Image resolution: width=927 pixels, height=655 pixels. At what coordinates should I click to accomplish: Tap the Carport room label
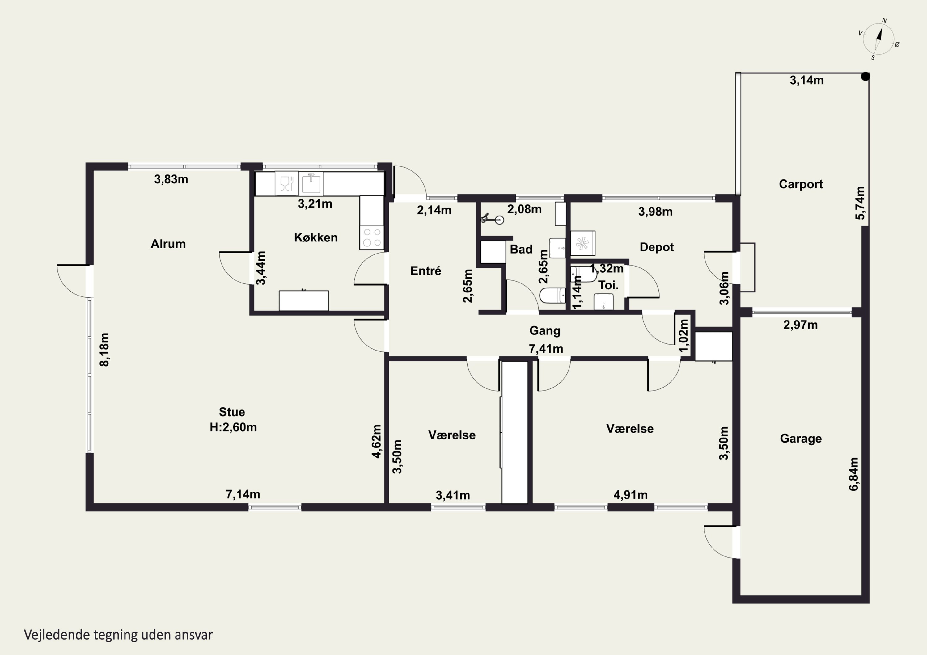pyautogui.click(x=801, y=184)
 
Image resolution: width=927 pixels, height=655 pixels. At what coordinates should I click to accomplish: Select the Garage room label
pyautogui.click(x=801, y=439)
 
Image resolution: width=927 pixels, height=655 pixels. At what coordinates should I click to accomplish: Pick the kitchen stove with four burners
pyautogui.click(x=371, y=237)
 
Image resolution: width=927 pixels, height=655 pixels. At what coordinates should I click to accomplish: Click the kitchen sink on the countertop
pyautogui.click(x=311, y=184)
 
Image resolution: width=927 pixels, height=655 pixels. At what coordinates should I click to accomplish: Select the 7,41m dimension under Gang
pyautogui.click(x=546, y=349)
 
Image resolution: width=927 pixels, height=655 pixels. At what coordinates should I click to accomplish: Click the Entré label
pyautogui.click(x=425, y=271)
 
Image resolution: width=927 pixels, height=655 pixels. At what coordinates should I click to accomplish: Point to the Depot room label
pyautogui.click(x=657, y=247)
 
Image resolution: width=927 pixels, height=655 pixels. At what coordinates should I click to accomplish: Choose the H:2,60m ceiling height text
pyautogui.click(x=233, y=427)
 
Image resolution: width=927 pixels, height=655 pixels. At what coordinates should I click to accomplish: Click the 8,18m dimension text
pyautogui.click(x=104, y=350)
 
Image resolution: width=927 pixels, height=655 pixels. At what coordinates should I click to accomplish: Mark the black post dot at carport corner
pyautogui.click(x=865, y=76)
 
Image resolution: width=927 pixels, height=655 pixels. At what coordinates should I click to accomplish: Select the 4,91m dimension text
pyautogui.click(x=631, y=495)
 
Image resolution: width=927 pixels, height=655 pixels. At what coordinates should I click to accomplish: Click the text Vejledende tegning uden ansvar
pyautogui.click(x=118, y=635)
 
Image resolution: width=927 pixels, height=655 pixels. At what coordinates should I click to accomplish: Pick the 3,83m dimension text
pyautogui.click(x=171, y=179)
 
